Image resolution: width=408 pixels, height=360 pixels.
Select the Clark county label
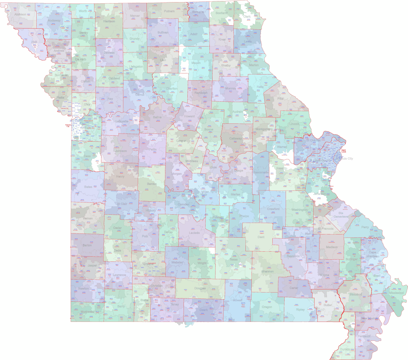(247, 16)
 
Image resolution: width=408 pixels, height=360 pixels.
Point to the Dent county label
(261, 237)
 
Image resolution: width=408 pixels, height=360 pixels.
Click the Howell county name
(238, 300)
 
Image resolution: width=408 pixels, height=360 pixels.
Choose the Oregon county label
(267, 307)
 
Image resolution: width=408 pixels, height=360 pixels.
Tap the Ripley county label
(300, 309)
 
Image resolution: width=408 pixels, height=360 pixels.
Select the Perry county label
(365, 227)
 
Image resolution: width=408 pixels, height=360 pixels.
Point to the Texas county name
(234, 259)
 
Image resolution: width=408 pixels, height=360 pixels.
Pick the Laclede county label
(194, 232)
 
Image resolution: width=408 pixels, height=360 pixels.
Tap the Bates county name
(88, 187)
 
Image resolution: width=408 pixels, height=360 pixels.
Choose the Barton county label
(87, 245)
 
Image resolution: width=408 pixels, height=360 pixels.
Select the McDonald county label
(87, 311)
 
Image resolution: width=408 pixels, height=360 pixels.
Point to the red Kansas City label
(68, 125)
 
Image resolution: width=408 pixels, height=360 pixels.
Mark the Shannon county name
(267, 271)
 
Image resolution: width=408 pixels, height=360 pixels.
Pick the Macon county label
(196, 63)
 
